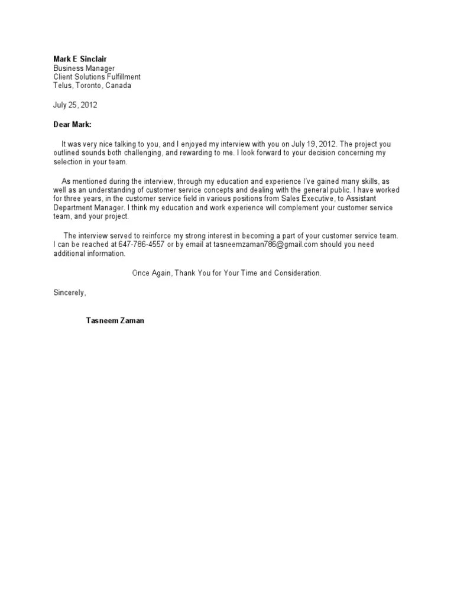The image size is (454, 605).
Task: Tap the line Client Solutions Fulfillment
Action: (x=97, y=77)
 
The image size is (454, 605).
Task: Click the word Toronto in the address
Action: (x=90, y=85)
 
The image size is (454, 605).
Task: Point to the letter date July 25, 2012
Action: (x=75, y=105)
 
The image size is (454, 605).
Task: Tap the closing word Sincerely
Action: (x=70, y=292)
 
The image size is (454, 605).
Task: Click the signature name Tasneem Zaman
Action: (x=115, y=321)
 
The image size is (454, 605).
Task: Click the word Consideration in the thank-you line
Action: (x=298, y=274)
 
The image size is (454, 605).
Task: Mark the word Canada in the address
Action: (x=119, y=85)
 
